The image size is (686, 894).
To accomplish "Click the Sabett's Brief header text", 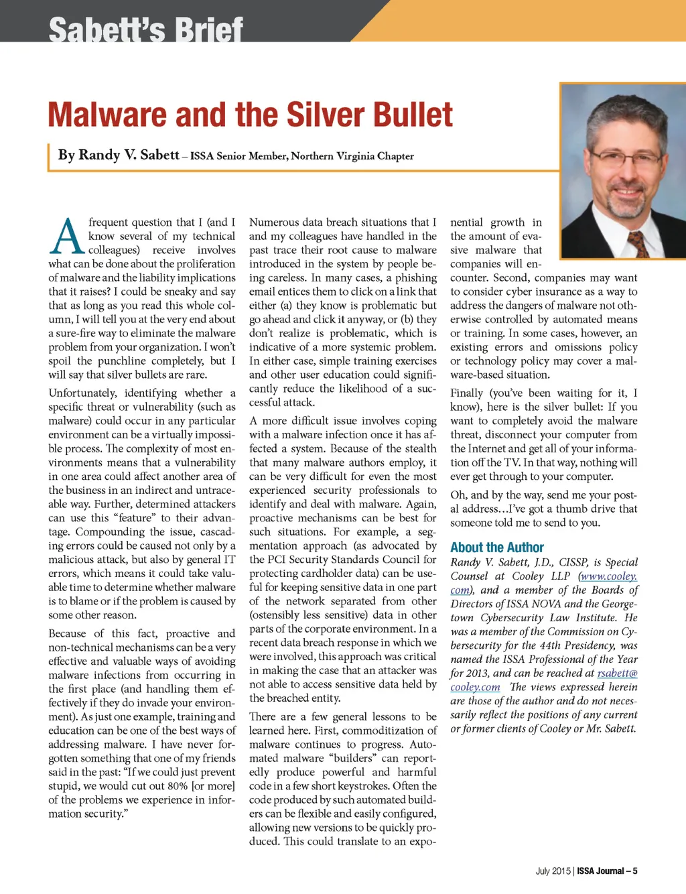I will [145, 29].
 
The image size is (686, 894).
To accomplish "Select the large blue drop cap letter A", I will [67, 237].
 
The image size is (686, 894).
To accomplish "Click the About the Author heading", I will [496, 548].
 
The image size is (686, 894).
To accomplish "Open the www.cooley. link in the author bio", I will [608, 576].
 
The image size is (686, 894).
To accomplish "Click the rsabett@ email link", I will [617, 673].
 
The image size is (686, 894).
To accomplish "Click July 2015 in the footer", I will [553, 871].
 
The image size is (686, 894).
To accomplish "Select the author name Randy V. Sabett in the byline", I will [119, 155].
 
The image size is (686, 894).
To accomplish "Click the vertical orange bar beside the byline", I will [50, 157].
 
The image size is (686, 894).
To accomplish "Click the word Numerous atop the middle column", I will [274, 222].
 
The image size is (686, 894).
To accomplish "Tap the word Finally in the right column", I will [466, 393].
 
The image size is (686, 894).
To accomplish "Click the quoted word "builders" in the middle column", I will [353, 758].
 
